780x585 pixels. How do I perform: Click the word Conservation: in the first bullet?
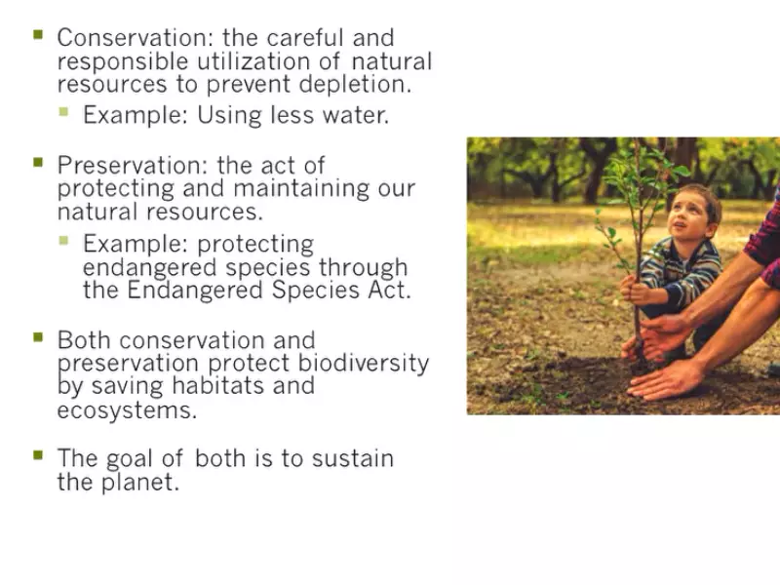click(x=135, y=38)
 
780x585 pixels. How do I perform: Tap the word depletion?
click(x=355, y=84)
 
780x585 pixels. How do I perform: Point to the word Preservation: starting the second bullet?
click(x=132, y=165)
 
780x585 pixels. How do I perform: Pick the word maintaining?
click(x=301, y=189)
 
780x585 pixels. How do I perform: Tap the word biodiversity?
click(x=363, y=363)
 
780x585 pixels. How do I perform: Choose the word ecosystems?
click(x=127, y=410)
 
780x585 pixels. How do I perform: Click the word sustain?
click(x=353, y=458)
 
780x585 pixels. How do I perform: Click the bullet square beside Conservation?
click(x=38, y=34)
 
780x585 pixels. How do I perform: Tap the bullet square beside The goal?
click(x=38, y=455)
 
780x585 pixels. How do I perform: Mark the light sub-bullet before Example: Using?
click(x=63, y=111)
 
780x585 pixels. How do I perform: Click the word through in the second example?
click(x=363, y=268)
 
